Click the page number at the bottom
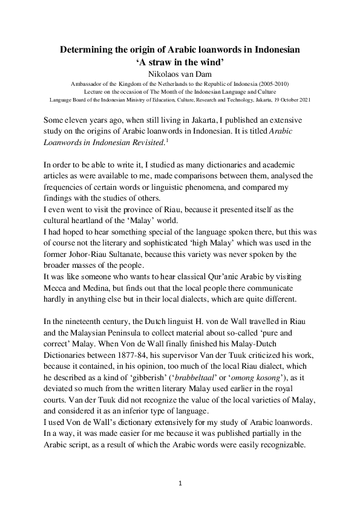pyautogui.click(x=180, y=484)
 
